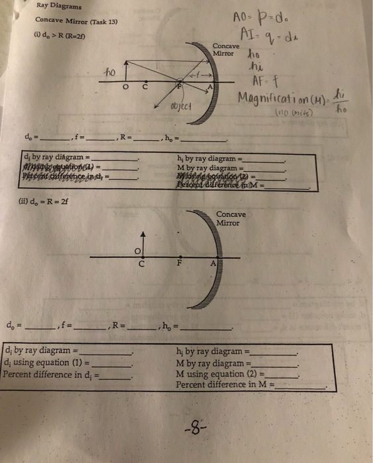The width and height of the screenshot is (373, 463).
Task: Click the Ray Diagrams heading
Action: click(59, 7)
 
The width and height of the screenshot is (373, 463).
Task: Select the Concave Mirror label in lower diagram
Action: click(231, 218)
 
